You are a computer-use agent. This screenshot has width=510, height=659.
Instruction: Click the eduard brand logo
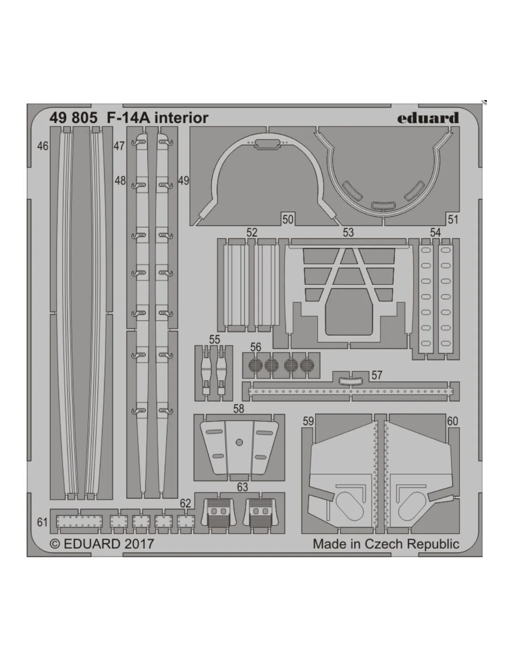tap(428, 118)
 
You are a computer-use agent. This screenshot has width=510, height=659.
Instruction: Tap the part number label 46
tap(43, 146)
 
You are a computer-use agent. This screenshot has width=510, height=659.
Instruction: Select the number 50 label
tap(287, 219)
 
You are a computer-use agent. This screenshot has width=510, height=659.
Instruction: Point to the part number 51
tap(453, 219)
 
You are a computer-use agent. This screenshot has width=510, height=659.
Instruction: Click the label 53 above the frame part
tap(348, 233)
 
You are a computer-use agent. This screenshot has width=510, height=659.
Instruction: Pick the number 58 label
tap(238, 409)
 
